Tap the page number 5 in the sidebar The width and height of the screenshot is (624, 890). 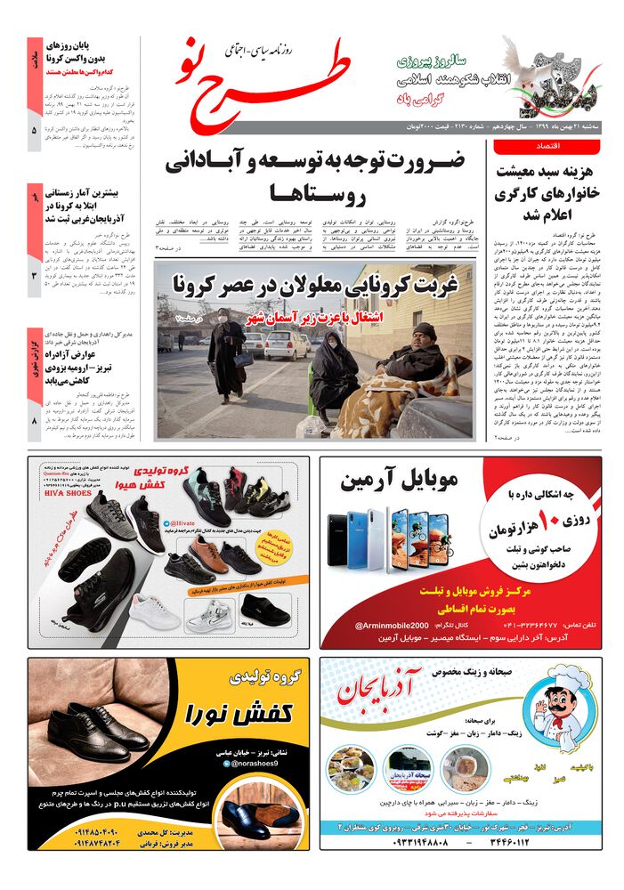(34, 131)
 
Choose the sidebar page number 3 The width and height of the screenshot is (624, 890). (34, 277)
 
